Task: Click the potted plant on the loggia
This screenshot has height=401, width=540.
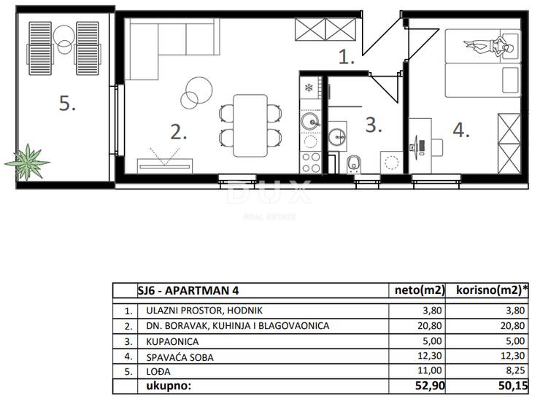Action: [x=27, y=162]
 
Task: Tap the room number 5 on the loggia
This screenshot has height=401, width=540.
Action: [x=67, y=103]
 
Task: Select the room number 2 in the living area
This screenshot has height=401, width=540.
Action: [x=178, y=132]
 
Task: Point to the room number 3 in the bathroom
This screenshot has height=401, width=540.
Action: [x=374, y=125]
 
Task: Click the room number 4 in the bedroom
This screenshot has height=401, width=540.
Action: [x=461, y=130]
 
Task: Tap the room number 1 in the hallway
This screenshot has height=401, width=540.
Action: [x=346, y=57]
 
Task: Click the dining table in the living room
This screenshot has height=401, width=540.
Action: [x=250, y=125]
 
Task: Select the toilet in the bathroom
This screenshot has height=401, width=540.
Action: [x=353, y=165]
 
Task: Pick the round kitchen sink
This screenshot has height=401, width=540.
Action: [x=311, y=121]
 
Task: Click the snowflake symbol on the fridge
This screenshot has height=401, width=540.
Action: [x=309, y=87]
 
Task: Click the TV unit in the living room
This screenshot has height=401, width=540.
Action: [x=165, y=166]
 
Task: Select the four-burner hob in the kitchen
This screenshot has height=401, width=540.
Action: [x=311, y=163]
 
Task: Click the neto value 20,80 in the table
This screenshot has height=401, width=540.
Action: [x=430, y=325]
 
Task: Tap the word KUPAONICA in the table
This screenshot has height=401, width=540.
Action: [x=172, y=342]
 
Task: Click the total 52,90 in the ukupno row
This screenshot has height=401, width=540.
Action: [x=430, y=386]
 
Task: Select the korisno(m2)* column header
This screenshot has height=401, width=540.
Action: [x=492, y=290]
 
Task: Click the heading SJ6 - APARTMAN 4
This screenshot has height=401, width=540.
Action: [x=188, y=290]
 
